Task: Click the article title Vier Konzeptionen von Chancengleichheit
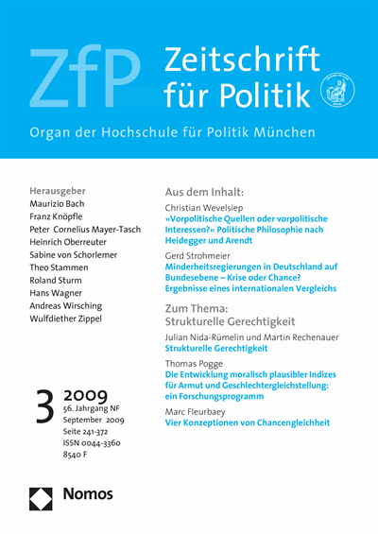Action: pos(249,422)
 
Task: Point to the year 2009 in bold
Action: pos(87,393)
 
